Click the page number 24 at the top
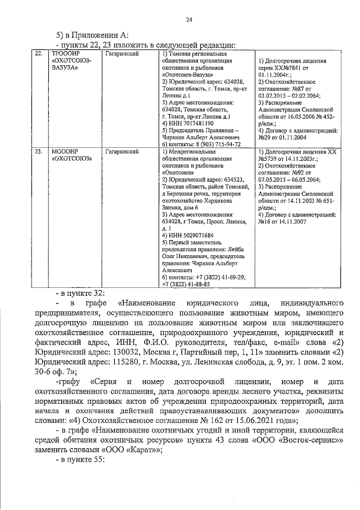pos(190,20)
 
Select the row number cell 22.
pos(38,54)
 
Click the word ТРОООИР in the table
pos(65,54)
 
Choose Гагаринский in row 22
pos(122,54)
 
